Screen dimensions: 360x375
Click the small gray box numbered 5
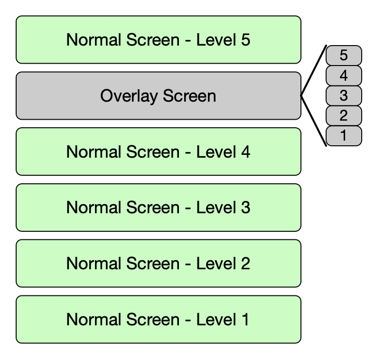pos(344,56)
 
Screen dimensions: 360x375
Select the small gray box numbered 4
pos(344,76)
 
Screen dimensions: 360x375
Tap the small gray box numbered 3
pos(344,95)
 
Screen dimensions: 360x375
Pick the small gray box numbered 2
pos(344,115)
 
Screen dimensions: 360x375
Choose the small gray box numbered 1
pos(344,136)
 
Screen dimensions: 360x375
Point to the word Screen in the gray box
pos(189,96)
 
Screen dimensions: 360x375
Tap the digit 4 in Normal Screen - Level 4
pos(245,152)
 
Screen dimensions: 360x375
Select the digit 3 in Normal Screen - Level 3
pos(245,208)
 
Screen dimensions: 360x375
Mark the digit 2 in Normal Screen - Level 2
pos(245,264)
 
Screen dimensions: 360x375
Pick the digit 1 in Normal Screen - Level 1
pos(244,320)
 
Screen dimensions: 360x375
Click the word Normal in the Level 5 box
pos(93,40)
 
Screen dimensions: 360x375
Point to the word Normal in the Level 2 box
pos(93,264)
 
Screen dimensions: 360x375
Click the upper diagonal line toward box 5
pos(313,71)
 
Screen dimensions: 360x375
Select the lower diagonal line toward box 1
pos(313,121)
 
